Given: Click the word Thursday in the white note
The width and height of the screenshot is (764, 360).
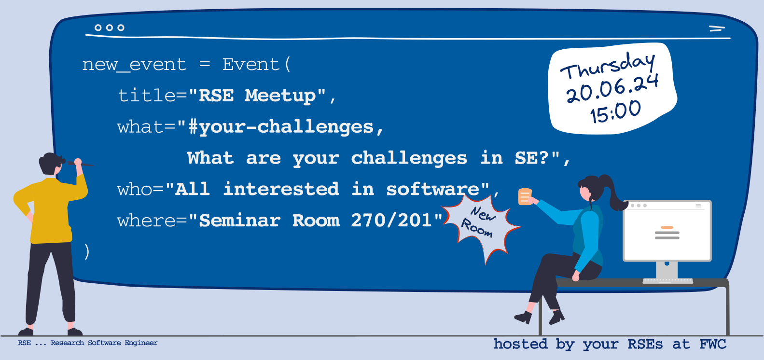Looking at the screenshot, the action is [608, 67].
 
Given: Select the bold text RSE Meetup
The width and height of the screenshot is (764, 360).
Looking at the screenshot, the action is [258, 96].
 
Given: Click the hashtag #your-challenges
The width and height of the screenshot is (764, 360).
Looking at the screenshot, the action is [281, 127].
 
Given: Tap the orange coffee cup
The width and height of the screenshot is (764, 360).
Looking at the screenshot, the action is [525, 196].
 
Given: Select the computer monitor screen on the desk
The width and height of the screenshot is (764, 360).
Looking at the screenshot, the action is [667, 231].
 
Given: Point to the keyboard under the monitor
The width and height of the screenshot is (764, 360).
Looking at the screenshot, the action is [668, 281].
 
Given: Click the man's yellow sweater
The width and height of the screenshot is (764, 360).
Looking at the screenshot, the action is [51, 208].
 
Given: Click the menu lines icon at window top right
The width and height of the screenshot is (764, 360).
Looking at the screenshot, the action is [717, 28].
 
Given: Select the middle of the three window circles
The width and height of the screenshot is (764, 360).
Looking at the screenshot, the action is [109, 28].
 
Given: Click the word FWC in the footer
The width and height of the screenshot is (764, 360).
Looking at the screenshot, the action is [713, 344].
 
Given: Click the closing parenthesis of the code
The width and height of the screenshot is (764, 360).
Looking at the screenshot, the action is [87, 252].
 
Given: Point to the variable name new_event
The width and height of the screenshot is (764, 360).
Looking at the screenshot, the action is [134, 65].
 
